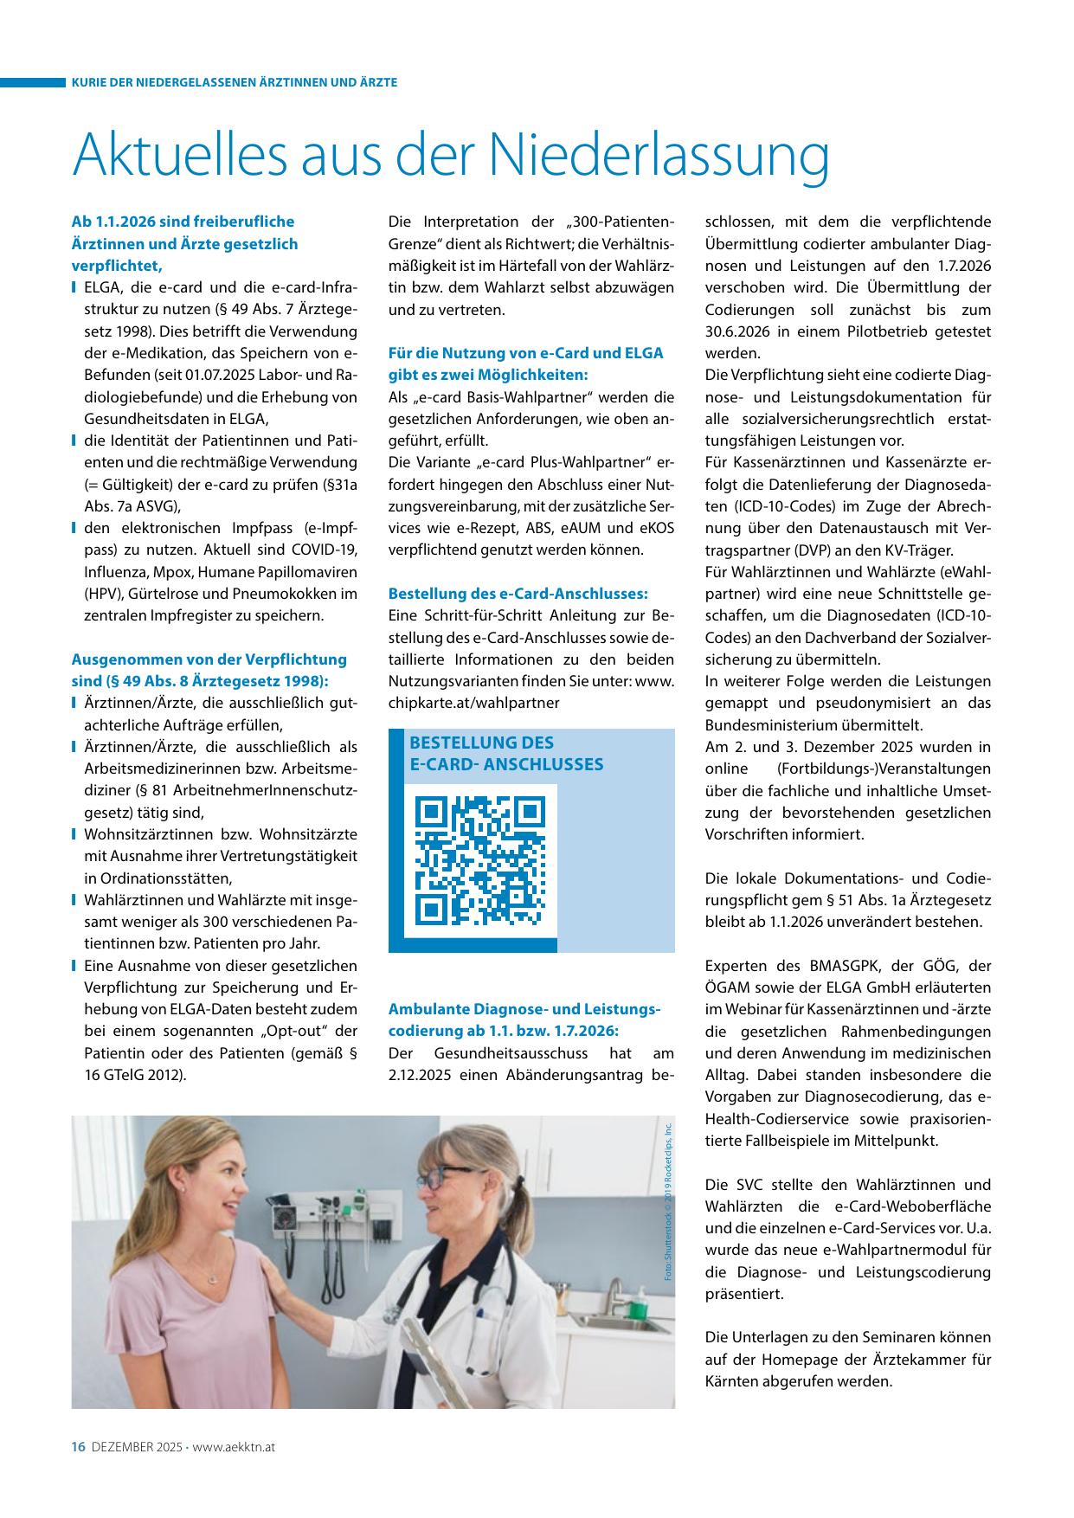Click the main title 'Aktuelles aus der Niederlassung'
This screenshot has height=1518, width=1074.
pyautogui.click(x=451, y=155)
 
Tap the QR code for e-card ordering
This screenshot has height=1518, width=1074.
pyautogui.click(x=480, y=859)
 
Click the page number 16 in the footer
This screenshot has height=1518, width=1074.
pyautogui.click(x=77, y=1446)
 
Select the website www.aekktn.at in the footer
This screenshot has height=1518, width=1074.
pyautogui.click(x=234, y=1447)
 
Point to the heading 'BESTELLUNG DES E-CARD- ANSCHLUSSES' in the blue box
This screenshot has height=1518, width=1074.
pyautogui.click(x=506, y=753)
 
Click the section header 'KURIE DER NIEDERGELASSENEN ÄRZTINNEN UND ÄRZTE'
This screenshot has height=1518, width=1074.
pyautogui.click(x=235, y=83)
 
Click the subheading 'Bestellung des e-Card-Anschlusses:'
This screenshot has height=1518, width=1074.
pyautogui.click(x=518, y=594)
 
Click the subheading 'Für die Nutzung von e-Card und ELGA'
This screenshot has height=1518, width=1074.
pyautogui.click(x=526, y=353)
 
